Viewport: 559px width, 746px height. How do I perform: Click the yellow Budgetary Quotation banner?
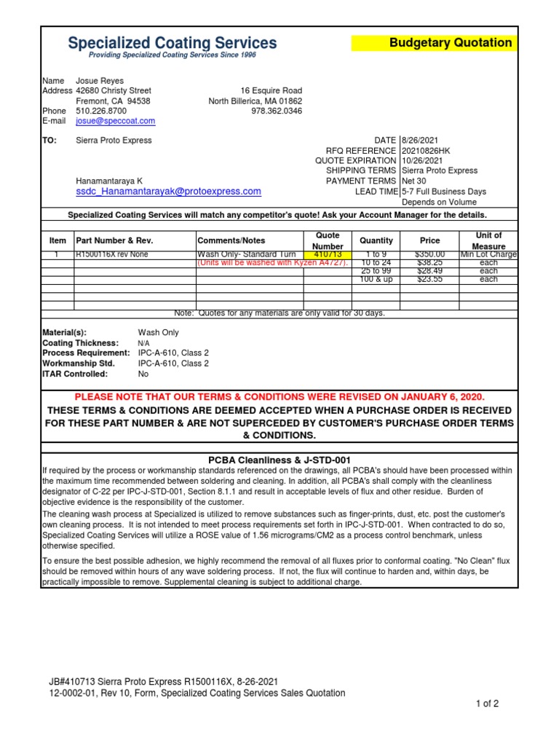pyautogui.click(x=434, y=43)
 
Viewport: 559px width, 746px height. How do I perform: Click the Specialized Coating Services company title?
pyautogui.click(x=173, y=43)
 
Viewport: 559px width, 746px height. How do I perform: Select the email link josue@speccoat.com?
pyautogui.click(x=115, y=121)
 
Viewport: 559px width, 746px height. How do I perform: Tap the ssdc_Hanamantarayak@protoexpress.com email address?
pyautogui.click(x=168, y=191)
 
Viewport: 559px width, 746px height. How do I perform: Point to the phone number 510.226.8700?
pyautogui.click(x=100, y=111)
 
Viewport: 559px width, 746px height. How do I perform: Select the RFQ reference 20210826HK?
pyautogui.click(x=426, y=151)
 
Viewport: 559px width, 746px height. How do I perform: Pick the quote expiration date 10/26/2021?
pyautogui.click(x=423, y=161)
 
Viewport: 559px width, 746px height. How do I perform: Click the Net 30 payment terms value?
pyautogui.click(x=416, y=181)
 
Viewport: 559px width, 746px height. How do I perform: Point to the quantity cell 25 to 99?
pyautogui.click(x=376, y=271)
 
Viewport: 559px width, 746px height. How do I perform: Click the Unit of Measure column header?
pyautogui.click(x=488, y=240)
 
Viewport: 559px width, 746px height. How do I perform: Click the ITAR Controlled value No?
pyautogui.click(x=143, y=374)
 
